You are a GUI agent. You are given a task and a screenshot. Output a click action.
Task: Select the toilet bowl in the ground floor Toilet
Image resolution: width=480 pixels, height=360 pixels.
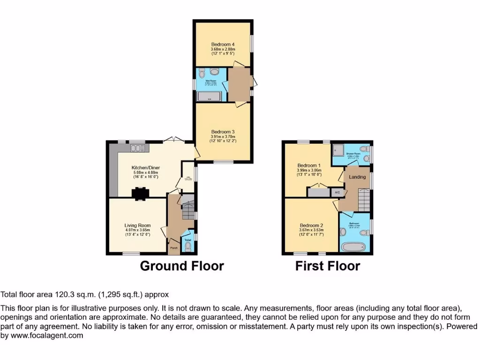tap(188, 247)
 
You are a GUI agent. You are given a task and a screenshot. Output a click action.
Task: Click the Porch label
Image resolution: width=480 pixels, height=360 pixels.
tap(173, 248)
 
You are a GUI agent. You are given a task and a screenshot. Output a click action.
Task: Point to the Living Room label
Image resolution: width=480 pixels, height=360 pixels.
tap(137, 225)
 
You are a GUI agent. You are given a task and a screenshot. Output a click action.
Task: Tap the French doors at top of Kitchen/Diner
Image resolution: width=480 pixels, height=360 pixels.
tap(174, 140)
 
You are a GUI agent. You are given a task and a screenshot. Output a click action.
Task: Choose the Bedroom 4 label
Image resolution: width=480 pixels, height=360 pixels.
tap(223, 44)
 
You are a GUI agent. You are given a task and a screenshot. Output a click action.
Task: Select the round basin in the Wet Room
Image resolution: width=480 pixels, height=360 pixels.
tap(215, 72)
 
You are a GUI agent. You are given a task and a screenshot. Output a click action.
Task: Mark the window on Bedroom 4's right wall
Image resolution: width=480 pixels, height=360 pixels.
tap(252, 43)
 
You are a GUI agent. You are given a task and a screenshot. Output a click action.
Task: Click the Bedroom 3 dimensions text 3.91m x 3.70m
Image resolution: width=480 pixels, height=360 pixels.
tap(223, 136)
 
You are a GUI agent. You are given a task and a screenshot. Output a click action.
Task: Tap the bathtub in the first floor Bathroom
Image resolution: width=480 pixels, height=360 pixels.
tap(354, 246)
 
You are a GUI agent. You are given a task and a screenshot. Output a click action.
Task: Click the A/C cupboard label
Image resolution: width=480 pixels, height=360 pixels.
tap(337, 193)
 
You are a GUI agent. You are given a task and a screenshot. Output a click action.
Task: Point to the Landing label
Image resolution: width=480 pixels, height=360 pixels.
tap(357, 177)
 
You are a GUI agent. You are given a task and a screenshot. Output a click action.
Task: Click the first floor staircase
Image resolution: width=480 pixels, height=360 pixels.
tap(364, 200)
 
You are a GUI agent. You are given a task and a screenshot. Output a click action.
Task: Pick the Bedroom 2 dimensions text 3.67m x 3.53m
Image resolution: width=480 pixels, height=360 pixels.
tap(311, 230)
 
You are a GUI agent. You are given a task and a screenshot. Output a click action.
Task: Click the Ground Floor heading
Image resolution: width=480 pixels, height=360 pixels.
tap(182, 266)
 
